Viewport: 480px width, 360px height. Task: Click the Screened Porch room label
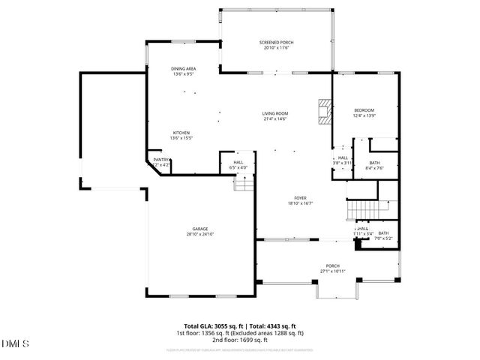pyautogui.click(x=276, y=43)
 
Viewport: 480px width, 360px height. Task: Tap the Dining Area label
pyautogui.click(x=184, y=70)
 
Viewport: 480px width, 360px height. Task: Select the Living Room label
pyautogui.click(x=275, y=113)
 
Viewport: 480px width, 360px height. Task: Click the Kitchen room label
pyautogui.click(x=181, y=132)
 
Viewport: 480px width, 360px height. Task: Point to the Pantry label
pyautogui.click(x=160, y=159)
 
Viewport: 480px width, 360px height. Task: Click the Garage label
pyautogui.click(x=199, y=229)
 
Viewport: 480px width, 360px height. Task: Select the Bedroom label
pyautogui.click(x=364, y=110)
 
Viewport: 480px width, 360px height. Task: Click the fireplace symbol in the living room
pyautogui.click(x=323, y=111)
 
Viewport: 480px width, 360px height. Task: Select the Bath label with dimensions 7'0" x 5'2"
pyautogui.click(x=383, y=233)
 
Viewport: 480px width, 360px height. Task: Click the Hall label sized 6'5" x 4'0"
pyautogui.click(x=238, y=162)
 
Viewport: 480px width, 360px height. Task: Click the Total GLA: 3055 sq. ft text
pyautogui.click(x=207, y=326)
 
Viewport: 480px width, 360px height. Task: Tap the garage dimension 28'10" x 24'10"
pyautogui.click(x=199, y=234)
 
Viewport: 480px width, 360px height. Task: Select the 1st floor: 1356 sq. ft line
pyautogui.click(x=240, y=332)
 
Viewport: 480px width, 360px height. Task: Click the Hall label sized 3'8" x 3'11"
pyautogui.click(x=343, y=158)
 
